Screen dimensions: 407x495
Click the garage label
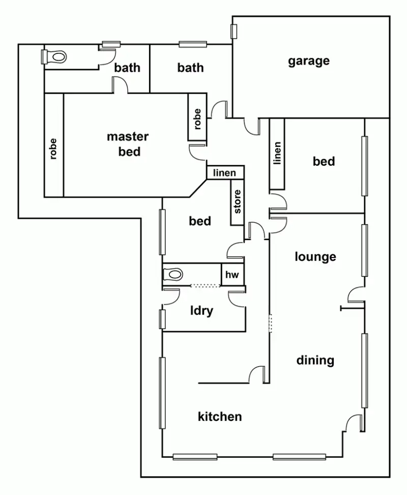tap(309, 61)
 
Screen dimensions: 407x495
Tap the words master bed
tap(128, 143)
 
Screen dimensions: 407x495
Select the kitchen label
tap(220, 417)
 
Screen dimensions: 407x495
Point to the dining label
tap(315, 360)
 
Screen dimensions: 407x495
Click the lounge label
tap(315, 256)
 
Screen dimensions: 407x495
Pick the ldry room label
tap(201, 311)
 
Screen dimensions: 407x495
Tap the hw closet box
tap(232, 275)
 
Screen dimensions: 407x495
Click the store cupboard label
tap(237, 202)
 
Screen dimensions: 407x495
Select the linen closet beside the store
tap(225, 173)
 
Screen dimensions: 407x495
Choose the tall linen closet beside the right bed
tap(277, 153)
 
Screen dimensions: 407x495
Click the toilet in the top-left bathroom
tap(54, 56)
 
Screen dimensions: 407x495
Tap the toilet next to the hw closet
tap(173, 275)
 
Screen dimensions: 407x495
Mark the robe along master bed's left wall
tap(53, 149)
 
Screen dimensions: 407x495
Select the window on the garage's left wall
tap(234, 32)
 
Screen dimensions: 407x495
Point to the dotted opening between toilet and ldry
tap(206, 286)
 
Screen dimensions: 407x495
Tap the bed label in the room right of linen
tap(324, 161)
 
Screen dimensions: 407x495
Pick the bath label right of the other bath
tap(191, 67)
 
